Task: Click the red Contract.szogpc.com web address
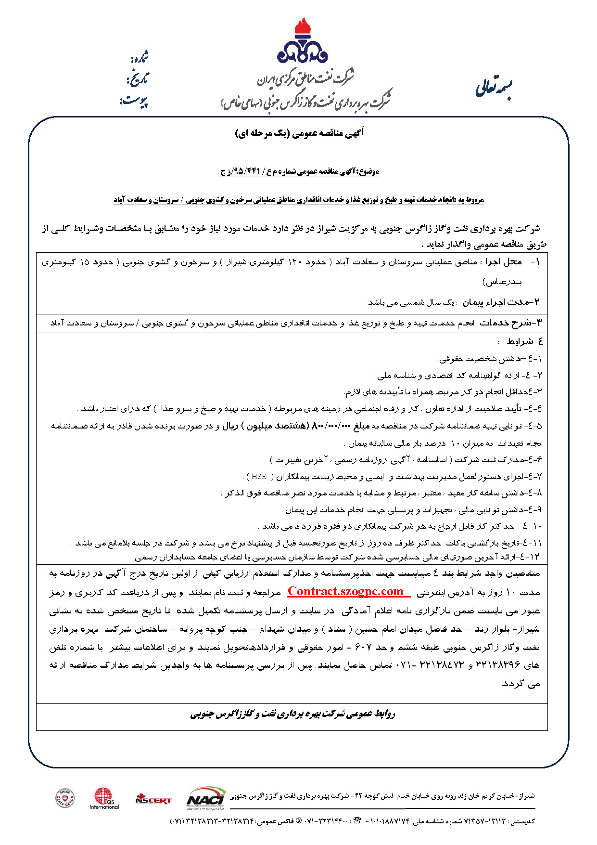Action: click(x=345, y=591)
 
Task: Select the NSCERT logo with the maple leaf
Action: click(x=153, y=799)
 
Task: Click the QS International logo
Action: click(x=104, y=798)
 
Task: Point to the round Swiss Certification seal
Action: click(x=65, y=798)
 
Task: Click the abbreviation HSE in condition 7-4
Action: click(x=259, y=477)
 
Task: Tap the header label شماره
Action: click(x=139, y=58)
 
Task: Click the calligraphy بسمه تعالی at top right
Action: click(x=494, y=88)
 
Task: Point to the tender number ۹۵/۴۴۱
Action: click(x=246, y=171)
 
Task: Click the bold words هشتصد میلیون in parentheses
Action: click(x=274, y=426)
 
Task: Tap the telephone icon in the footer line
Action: click(x=357, y=820)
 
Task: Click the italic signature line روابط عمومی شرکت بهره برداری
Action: click(x=292, y=714)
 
